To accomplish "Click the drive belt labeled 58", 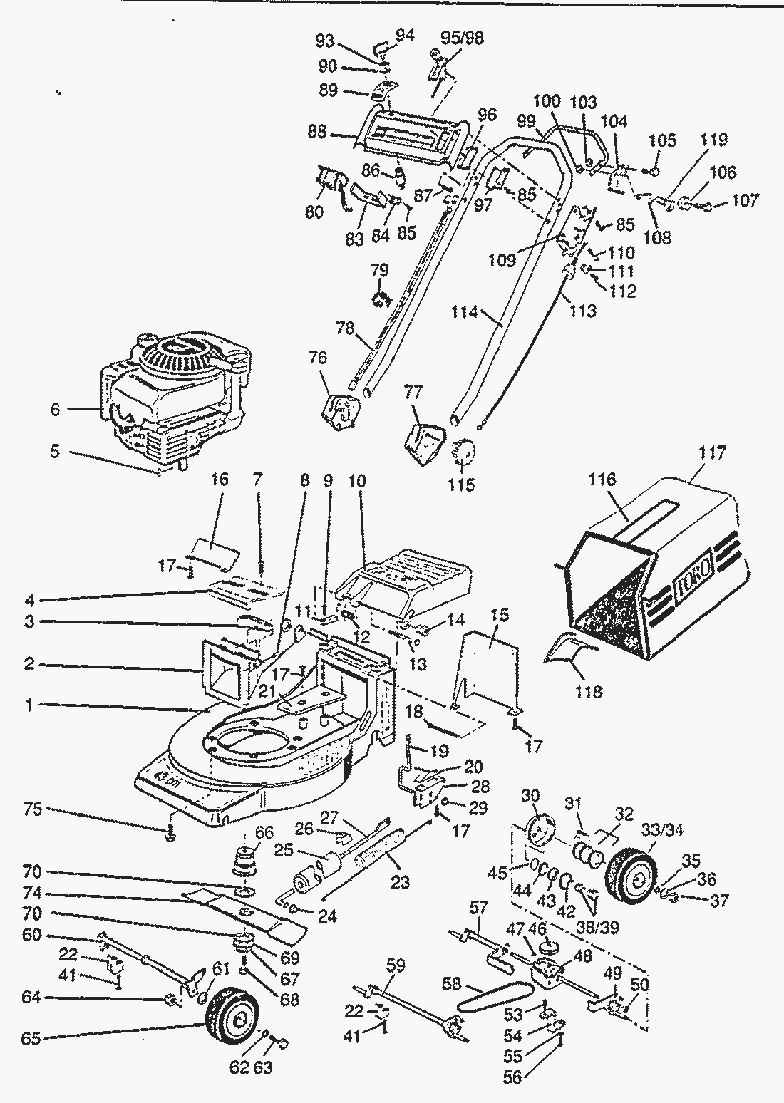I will click(492, 999).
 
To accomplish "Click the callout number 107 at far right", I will click(746, 200).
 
